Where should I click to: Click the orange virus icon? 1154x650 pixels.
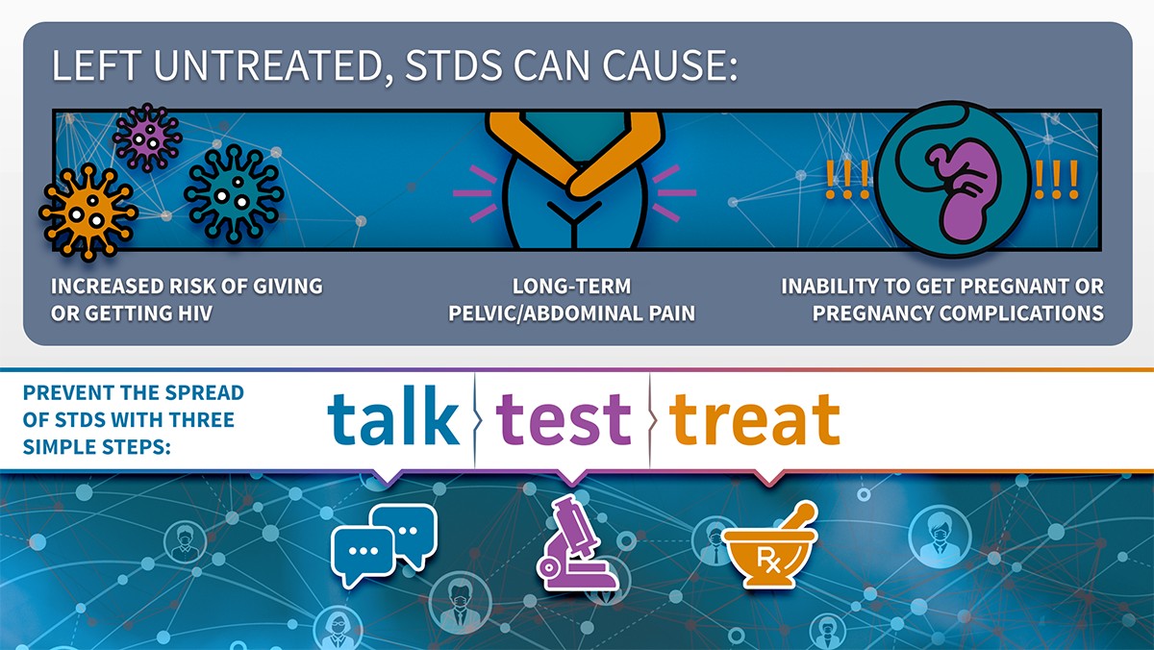(88, 212)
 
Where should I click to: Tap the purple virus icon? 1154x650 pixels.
(147, 137)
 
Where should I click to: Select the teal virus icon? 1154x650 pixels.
(234, 193)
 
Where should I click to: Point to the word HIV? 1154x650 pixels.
(194, 313)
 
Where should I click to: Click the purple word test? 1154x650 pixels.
(564, 418)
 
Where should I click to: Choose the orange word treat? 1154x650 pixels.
(755, 418)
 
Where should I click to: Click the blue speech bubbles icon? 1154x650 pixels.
(385, 545)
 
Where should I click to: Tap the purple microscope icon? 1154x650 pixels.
(576, 542)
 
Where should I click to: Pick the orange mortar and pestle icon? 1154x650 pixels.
(769, 545)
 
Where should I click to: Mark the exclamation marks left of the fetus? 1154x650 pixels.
(847, 179)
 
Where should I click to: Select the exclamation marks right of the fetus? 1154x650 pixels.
(1056, 179)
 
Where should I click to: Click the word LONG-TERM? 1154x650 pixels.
(571, 287)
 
